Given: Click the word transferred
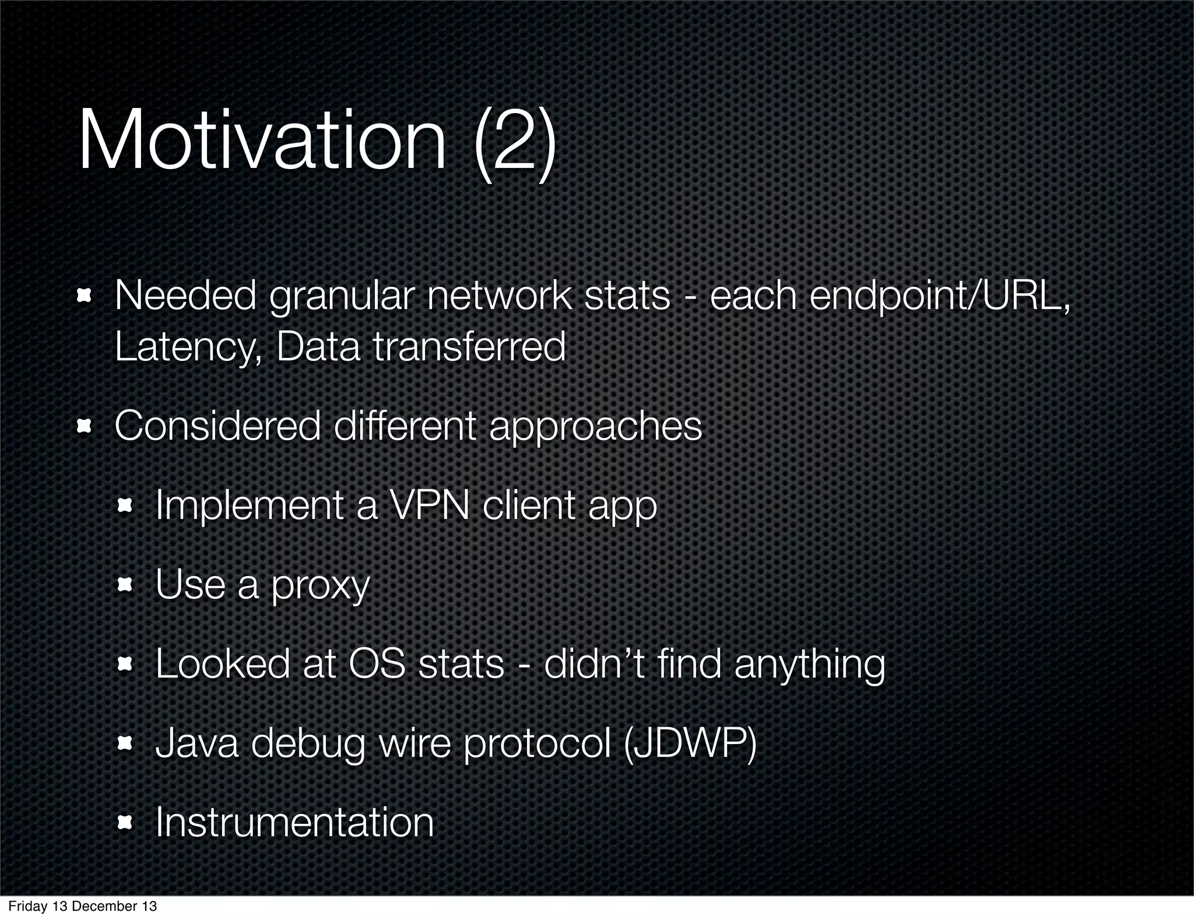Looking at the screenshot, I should tap(469, 346).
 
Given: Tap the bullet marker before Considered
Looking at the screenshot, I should tap(86, 426).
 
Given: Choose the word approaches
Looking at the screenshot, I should tap(595, 426).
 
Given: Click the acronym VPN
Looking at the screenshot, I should tap(429, 506).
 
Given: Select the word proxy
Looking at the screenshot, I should tap(321, 585).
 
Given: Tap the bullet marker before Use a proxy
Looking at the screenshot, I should tap(126, 585).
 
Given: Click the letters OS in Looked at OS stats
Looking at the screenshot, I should tap(377, 664).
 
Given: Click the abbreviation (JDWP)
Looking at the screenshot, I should tap(690, 744).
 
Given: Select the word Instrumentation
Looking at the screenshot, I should tap(294, 822).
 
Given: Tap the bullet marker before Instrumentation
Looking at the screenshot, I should tap(126, 823).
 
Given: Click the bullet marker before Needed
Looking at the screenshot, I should tap(86, 297).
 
